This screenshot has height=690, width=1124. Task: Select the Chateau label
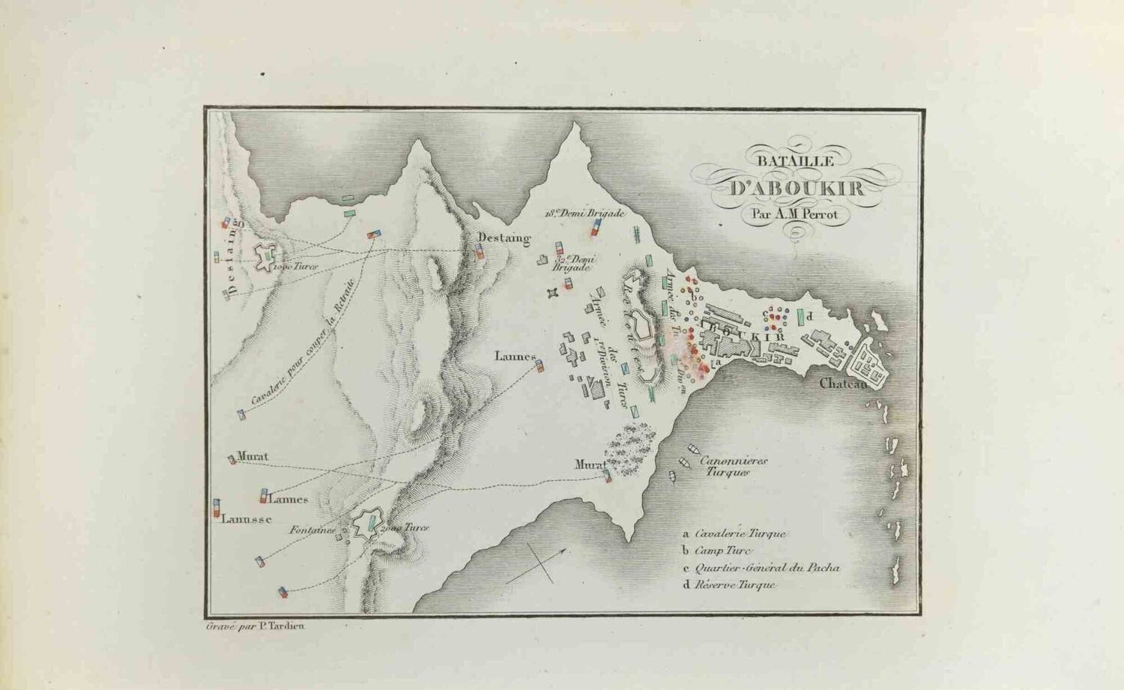click(842, 384)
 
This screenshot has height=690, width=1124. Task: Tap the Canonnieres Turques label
click(732, 467)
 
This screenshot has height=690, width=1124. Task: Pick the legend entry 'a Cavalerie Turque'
click(734, 534)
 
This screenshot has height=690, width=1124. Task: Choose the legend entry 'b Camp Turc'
click(716, 551)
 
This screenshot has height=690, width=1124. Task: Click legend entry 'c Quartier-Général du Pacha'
click(761, 568)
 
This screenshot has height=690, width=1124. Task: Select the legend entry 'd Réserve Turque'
click(729, 585)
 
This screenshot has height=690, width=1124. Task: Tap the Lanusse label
click(247, 518)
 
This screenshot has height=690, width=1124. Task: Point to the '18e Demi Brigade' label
click(585, 213)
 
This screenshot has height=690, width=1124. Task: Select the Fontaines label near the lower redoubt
click(312, 530)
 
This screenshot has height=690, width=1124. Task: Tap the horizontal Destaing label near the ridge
click(504, 238)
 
